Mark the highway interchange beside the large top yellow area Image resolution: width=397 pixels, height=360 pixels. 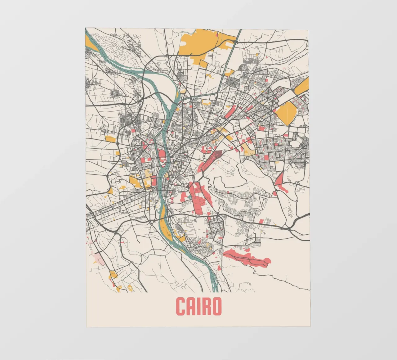(235, 41)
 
